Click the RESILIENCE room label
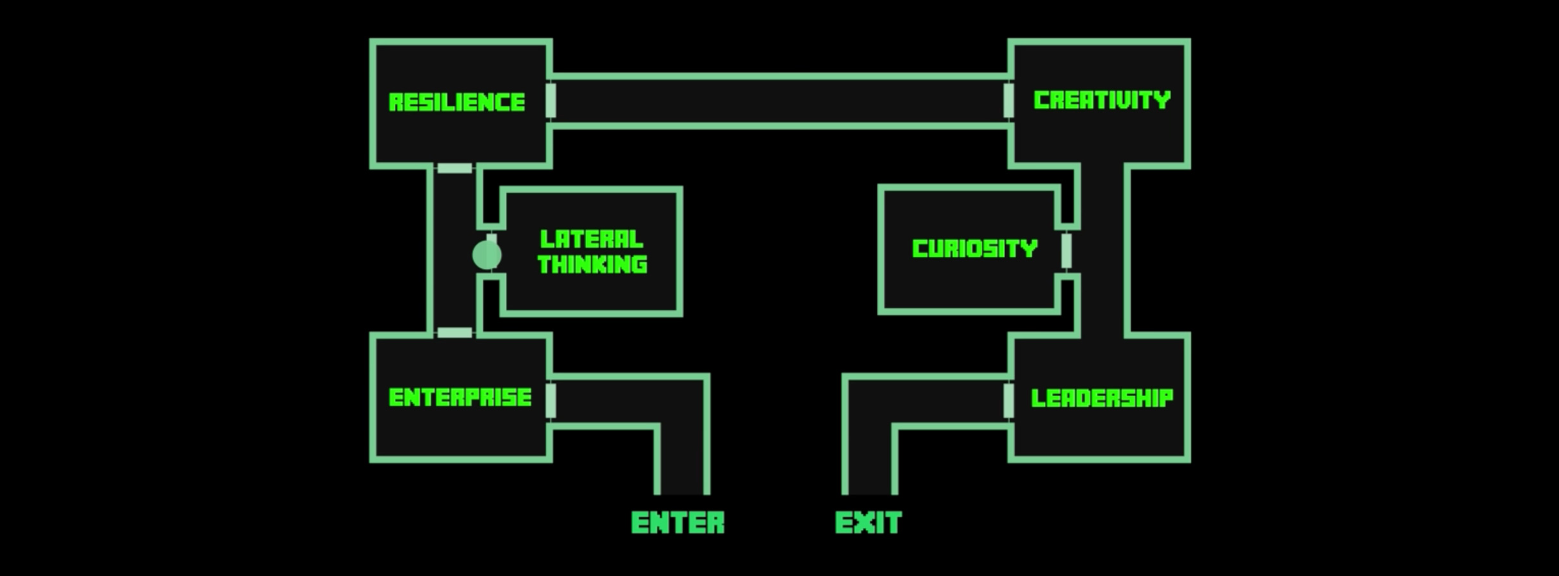pyautogui.click(x=456, y=103)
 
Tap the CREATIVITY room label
pyautogui.click(x=1102, y=101)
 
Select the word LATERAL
pyautogui.click(x=591, y=240)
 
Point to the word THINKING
pyautogui.click(x=592, y=264)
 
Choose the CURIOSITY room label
pyautogui.click(x=974, y=249)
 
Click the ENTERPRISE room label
pyautogui.click(x=460, y=398)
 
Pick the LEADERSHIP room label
pyautogui.click(x=1102, y=398)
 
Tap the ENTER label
pyautogui.click(x=678, y=523)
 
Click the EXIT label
pyautogui.click(x=868, y=523)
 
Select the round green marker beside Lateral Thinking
pyautogui.click(x=486, y=255)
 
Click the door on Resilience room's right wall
pyautogui.click(x=551, y=101)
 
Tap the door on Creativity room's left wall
pyautogui.click(x=1008, y=101)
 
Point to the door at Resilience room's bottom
pyautogui.click(x=454, y=168)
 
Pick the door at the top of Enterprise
pyautogui.click(x=454, y=333)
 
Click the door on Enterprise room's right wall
pyautogui.click(x=551, y=400)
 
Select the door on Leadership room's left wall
pyautogui.click(x=1008, y=400)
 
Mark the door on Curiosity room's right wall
pyautogui.click(x=1066, y=251)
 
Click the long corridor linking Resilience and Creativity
pyautogui.click(x=779, y=101)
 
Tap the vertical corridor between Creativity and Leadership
pyautogui.click(x=1102, y=250)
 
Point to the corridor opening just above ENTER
pyautogui.click(x=683, y=484)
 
